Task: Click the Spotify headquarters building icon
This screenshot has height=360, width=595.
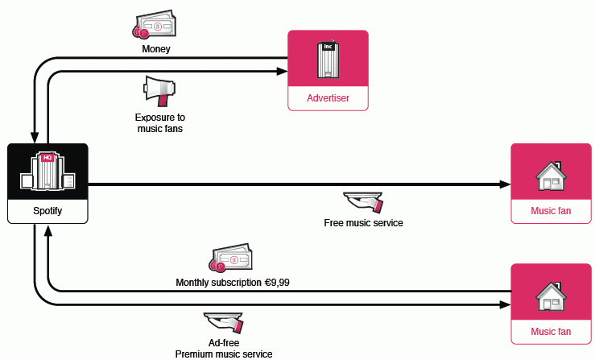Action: [x=47, y=172]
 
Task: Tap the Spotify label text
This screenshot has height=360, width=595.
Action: [x=47, y=211]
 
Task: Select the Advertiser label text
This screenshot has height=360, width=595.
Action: [x=328, y=98]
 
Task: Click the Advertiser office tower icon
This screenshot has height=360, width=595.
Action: [x=328, y=60]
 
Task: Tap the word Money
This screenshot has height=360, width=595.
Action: [x=155, y=49]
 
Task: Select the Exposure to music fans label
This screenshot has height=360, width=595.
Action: [x=159, y=122]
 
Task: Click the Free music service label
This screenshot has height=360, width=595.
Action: [x=363, y=223]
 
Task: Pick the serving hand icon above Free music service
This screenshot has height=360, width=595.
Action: [x=363, y=201]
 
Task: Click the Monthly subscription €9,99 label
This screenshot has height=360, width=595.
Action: [x=233, y=283]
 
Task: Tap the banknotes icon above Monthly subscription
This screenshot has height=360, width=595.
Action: [x=231, y=258]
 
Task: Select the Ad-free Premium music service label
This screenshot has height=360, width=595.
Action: [x=224, y=348]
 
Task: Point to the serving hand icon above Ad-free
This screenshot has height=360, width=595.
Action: [x=225, y=322]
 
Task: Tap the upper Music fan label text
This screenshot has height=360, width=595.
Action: [x=551, y=212]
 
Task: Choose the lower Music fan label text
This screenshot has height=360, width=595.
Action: [x=551, y=331]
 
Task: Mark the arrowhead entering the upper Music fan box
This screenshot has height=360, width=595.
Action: [x=505, y=184]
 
